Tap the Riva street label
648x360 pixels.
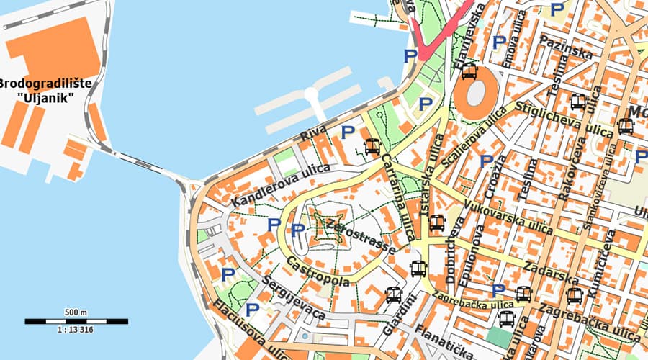313,135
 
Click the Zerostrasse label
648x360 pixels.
361,235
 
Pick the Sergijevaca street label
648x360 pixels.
293,297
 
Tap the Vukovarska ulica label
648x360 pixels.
509,217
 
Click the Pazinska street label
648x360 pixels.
566,47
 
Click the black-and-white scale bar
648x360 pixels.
76,321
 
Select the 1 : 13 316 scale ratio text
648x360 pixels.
76,330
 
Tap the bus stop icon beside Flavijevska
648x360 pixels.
469,71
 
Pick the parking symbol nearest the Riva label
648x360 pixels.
348,132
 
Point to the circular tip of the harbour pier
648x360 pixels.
311,94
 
